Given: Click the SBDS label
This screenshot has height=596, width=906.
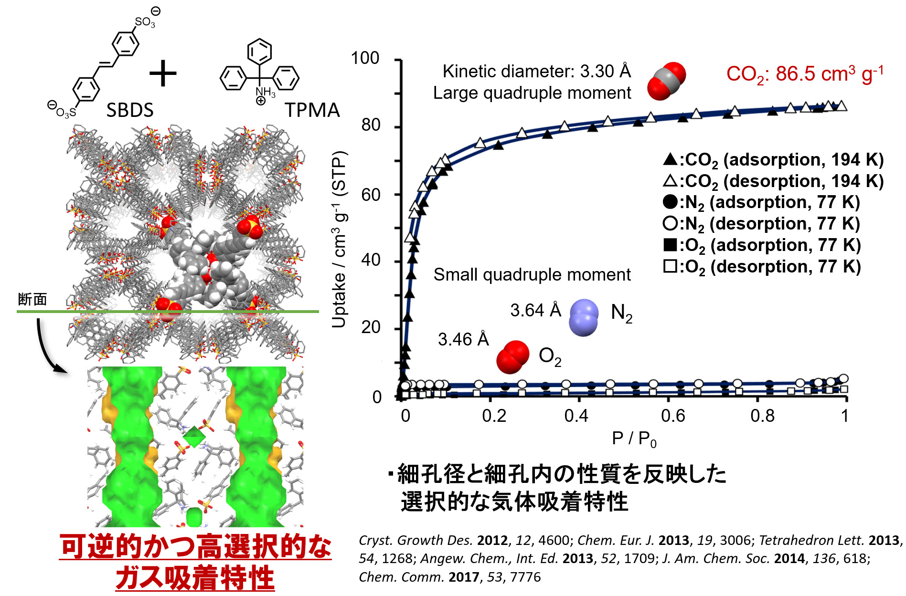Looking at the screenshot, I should (129, 110).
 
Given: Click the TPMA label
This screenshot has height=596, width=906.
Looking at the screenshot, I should (312, 110).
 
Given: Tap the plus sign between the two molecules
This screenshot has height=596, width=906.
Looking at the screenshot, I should (163, 73).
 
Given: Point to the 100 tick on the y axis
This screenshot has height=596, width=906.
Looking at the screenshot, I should (365, 58).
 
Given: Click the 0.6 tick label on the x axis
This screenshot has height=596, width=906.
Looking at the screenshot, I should (672, 416).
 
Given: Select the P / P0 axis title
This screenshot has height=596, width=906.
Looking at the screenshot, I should (634, 439).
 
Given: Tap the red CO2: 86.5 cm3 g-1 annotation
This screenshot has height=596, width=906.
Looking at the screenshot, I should (805, 73).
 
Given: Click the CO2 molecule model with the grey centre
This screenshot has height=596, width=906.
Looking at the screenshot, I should (666, 81).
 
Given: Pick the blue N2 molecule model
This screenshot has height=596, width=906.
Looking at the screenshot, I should (584, 317).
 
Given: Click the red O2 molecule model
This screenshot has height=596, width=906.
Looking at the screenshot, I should (513, 357).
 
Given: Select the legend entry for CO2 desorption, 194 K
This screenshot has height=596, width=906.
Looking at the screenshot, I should (773, 181).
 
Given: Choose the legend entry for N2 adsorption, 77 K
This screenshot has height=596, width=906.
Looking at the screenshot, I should (761, 202).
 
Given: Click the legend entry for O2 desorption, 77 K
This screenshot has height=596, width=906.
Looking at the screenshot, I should (762, 267).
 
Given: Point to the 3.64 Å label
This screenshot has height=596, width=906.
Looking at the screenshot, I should (535, 311).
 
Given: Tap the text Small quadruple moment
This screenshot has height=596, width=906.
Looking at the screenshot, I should (532, 275).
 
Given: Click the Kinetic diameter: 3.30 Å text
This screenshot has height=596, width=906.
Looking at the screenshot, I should (536, 72).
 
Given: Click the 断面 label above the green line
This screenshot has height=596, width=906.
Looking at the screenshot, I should (32, 299).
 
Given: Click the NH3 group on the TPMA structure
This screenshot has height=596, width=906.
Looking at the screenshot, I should (265, 92).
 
